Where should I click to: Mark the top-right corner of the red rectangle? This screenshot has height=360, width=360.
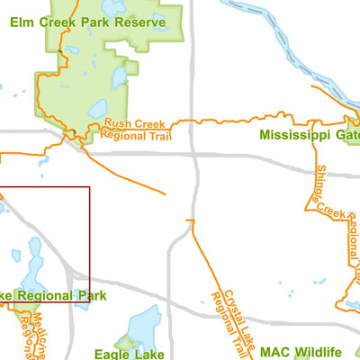pos(90,187)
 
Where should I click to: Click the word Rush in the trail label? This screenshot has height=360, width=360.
pos(118,124)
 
